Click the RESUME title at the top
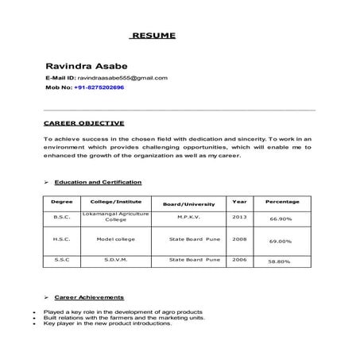click(x=153, y=36)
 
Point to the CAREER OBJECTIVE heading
click(x=83, y=123)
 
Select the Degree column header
click(x=61, y=202)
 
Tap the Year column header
click(x=239, y=202)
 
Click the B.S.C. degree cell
click(x=61, y=217)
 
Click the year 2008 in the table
click(x=239, y=238)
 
